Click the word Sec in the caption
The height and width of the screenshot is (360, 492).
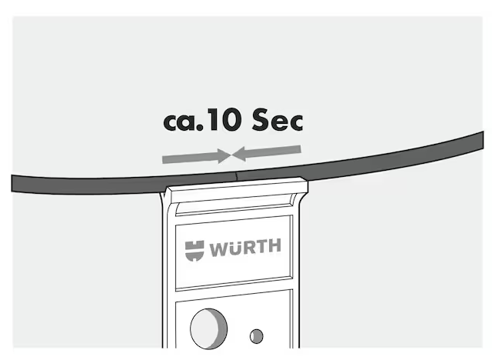click(x=278, y=119)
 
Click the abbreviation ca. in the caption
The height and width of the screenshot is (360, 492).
click(x=184, y=122)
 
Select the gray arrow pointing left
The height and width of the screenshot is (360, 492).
click(x=267, y=152)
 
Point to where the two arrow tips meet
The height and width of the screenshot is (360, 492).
click(x=231, y=155)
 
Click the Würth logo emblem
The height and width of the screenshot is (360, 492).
click(x=194, y=251)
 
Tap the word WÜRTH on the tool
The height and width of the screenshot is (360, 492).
click(x=246, y=248)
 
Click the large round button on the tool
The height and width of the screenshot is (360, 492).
click(x=209, y=328)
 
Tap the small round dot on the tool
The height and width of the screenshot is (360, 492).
click(x=257, y=336)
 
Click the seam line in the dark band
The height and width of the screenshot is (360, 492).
click(x=236, y=176)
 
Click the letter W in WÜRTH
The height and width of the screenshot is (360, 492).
click(x=218, y=249)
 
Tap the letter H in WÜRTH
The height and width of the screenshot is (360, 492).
click(x=275, y=245)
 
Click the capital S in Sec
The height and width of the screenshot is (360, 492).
click(x=260, y=119)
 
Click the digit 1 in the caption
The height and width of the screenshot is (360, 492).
click(x=214, y=119)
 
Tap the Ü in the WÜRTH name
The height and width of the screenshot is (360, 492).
click(x=234, y=248)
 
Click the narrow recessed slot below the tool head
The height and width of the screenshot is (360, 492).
click(x=235, y=208)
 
